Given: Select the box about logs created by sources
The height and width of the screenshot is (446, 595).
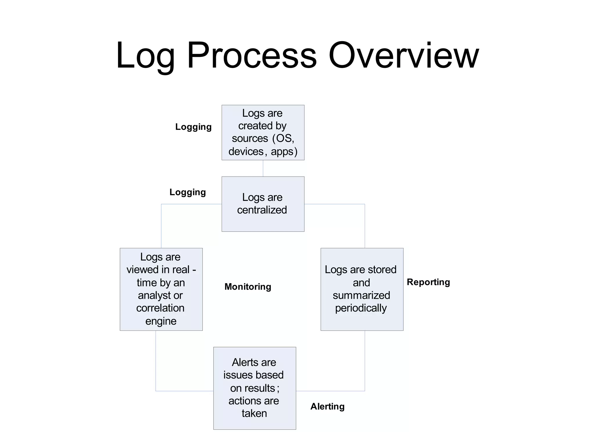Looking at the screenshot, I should [x=263, y=132].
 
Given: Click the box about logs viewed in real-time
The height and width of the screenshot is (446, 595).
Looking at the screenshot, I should [x=161, y=289].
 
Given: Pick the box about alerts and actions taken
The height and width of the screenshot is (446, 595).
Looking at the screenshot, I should [x=255, y=388].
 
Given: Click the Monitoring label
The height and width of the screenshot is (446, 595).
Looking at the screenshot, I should [x=248, y=287].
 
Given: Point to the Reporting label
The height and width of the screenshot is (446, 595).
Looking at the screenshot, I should [x=428, y=282].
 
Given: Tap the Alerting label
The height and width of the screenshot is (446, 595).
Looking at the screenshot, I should [x=327, y=406].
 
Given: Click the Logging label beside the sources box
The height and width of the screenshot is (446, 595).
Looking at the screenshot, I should [x=193, y=127].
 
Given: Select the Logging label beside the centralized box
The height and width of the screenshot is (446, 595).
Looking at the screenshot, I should [x=187, y=192].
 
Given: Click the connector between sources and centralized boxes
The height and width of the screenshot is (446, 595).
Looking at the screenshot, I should [x=263, y=168].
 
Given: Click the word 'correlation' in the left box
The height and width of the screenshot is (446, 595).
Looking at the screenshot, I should [x=160, y=308].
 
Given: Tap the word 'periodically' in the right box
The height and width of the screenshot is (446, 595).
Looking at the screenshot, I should [x=361, y=308].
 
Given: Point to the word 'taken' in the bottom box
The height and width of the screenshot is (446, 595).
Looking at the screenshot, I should [x=254, y=413].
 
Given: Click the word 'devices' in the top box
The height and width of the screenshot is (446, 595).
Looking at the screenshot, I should [x=246, y=151].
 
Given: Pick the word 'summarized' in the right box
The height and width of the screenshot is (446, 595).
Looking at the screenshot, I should [x=361, y=295].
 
